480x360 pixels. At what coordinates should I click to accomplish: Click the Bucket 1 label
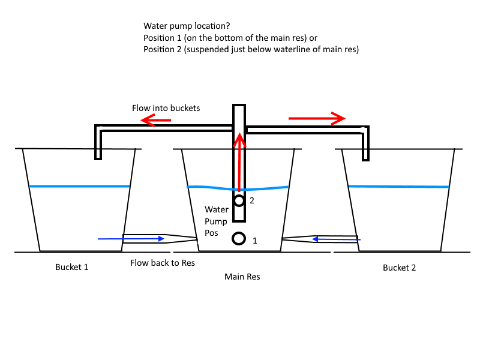pyautogui.click(x=71, y=267)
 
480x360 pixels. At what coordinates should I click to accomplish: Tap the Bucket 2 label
pyautogui.click(x=399, y=268)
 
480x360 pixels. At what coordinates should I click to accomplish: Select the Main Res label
pyautogui.click(x=242, y=277)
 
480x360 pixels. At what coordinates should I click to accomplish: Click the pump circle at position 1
pyautogui.click(x=239, y=238)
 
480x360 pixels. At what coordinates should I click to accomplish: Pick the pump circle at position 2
pyautogui.click(x=239, y=201)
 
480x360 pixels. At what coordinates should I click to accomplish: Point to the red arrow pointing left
pyautogui.click(x=155, y=120)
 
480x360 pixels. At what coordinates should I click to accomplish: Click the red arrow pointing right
pyautogui.click(x=317, y=118)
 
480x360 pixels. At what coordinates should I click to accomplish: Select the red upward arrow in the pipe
pyautogui.click(x=239, y=163)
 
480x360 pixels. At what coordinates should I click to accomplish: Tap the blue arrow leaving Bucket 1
pyautogui.click(x=131, y=239)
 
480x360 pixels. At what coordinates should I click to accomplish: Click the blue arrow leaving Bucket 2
pyautogui.click(x=336, y=239)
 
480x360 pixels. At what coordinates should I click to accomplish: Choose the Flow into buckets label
pyautogui.click(x=166, y=108)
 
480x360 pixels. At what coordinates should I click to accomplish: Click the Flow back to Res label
pyautogui.click(x=163, y=263)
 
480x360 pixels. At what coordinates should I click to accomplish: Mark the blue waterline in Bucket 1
pyautogui.click(x=79, y=186)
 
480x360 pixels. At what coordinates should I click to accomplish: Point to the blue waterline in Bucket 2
pyautogui.click(x=399, y=187)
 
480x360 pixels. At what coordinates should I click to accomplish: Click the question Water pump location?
pyautogui.click(x=187, y=26)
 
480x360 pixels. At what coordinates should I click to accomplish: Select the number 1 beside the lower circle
pyautogui.click(x=254, y=241)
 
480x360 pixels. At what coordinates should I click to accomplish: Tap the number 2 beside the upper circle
pyautogui.click(x=252, y=200)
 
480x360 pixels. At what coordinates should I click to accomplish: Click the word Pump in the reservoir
pyautogui.click(x=216, y=221)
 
